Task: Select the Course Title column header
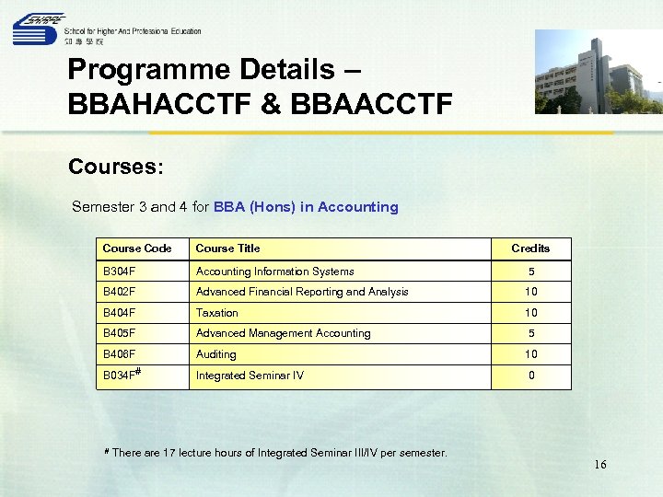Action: click(x=227, y=248)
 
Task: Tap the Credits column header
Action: click(x=530, y=248)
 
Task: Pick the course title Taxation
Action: click(x=217, y=313)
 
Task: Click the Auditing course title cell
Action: click(x=216, y=354)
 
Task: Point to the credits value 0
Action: click(x=530, y=376)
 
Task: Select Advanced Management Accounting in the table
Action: click(x=283, y=333)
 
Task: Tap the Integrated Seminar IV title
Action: click(x=250, y=376)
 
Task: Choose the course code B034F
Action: click(x=121, y=376)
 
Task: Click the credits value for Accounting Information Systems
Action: click(x=530, y=272)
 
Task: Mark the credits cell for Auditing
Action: click(x=530, y=354)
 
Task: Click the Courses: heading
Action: click(x=116, y=168)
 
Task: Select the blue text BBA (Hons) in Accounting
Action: click(x=306, y=207)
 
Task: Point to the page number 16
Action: click(x=599, y=465)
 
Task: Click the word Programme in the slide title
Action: click(x=147, y=70)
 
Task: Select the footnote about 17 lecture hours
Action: click(x=275, y=453)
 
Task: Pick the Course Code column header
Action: click(x=137, y=248)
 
